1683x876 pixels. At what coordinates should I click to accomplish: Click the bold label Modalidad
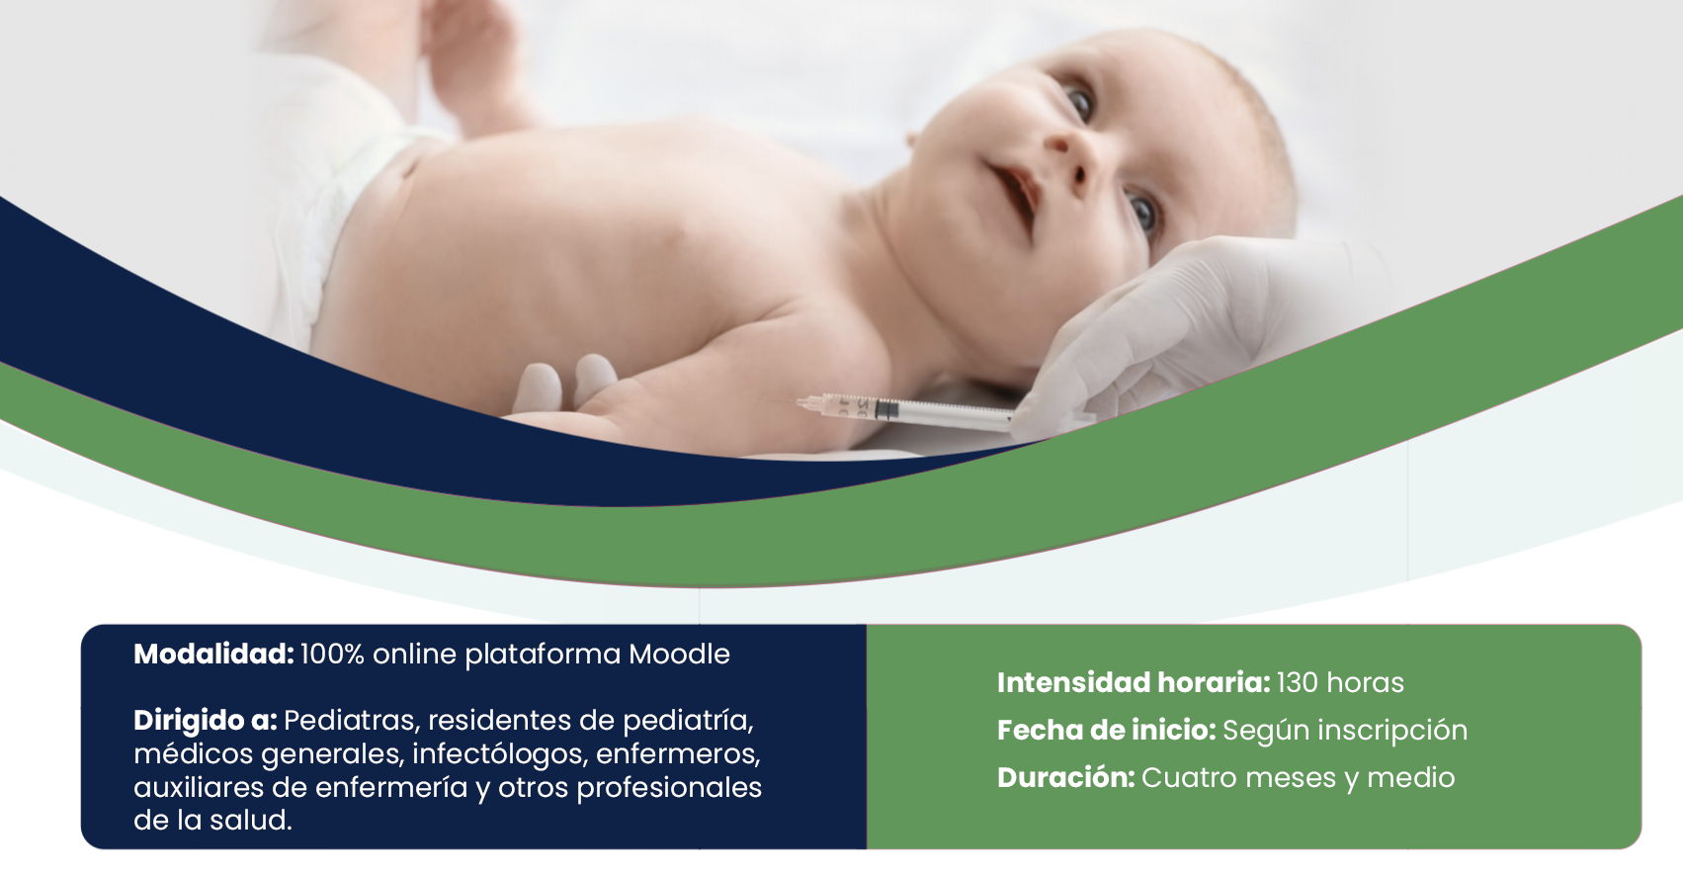coord(213,655)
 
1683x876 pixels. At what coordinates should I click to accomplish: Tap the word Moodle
coord(679,655)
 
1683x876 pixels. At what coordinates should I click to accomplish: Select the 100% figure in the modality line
coord(332,655)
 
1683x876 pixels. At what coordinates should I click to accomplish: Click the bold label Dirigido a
coord(206,721)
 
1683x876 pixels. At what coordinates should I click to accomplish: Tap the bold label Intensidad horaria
coord(1133,683)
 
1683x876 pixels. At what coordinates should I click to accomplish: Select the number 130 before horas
coord(1298,683)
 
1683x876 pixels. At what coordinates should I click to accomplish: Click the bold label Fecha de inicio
coord(1106,730)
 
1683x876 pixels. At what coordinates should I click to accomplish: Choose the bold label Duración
coord(1065,777)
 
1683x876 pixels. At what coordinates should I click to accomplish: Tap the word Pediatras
coord(353,721)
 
